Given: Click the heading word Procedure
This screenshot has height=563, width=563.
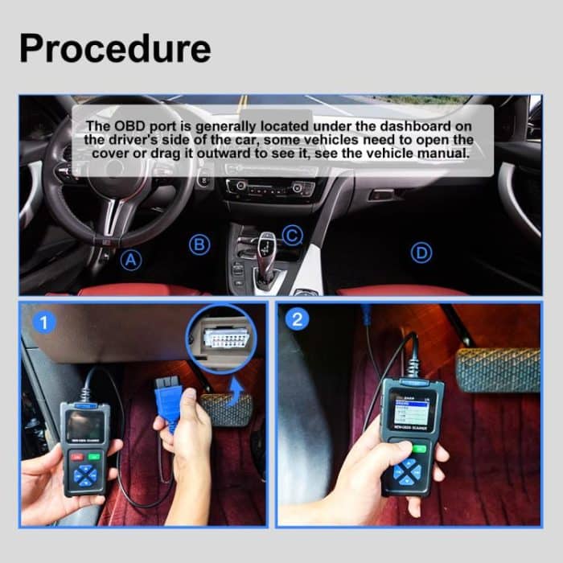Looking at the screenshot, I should click(x=115, y=48).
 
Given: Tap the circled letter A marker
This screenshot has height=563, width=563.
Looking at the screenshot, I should click(x=130, y=260).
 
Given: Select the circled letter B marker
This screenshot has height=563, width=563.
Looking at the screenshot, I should click(x=199, y=245).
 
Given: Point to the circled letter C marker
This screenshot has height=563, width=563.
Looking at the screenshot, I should click(x=293, y=235).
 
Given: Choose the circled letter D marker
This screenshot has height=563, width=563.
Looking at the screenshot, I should click(x=421, y=253).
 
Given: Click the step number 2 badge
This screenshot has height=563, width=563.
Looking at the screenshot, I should click(x=298, y=319).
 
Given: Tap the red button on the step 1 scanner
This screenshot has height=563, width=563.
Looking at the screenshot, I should click(x=75, y=456).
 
